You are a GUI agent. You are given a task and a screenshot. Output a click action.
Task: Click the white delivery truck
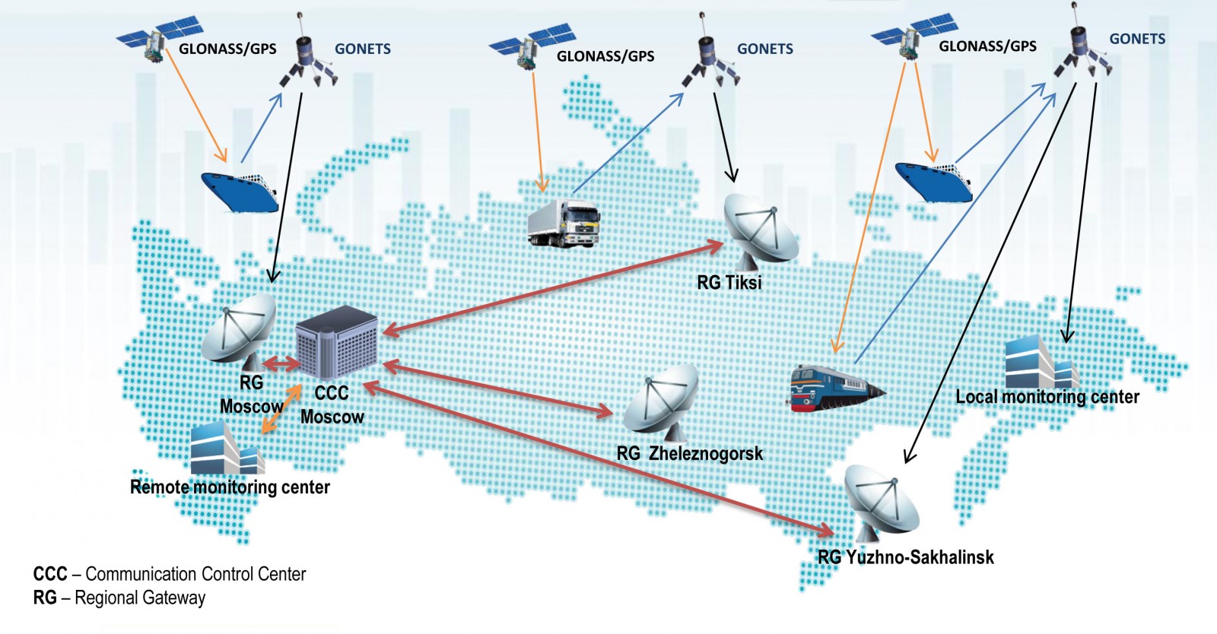tap(564, 223)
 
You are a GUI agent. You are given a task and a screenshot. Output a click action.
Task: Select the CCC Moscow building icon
tap(336, 342)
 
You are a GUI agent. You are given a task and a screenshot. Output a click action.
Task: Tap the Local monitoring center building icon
tap(1041, 363)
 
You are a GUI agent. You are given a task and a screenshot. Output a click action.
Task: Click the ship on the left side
tap(240, 191)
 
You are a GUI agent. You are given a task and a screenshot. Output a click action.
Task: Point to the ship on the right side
tap(933, 180)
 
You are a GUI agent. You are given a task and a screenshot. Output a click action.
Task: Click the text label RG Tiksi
tap(729, 283)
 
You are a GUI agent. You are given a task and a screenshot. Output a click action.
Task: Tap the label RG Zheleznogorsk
tap(689, 454)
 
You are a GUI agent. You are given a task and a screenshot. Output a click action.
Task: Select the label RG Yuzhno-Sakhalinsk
tap(905, 557)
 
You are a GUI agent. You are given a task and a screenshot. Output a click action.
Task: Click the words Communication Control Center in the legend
tap(195, 574)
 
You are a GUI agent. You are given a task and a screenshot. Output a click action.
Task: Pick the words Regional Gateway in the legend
tap(140, 598)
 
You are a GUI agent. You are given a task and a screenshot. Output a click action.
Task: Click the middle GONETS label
tap(764, 49)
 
